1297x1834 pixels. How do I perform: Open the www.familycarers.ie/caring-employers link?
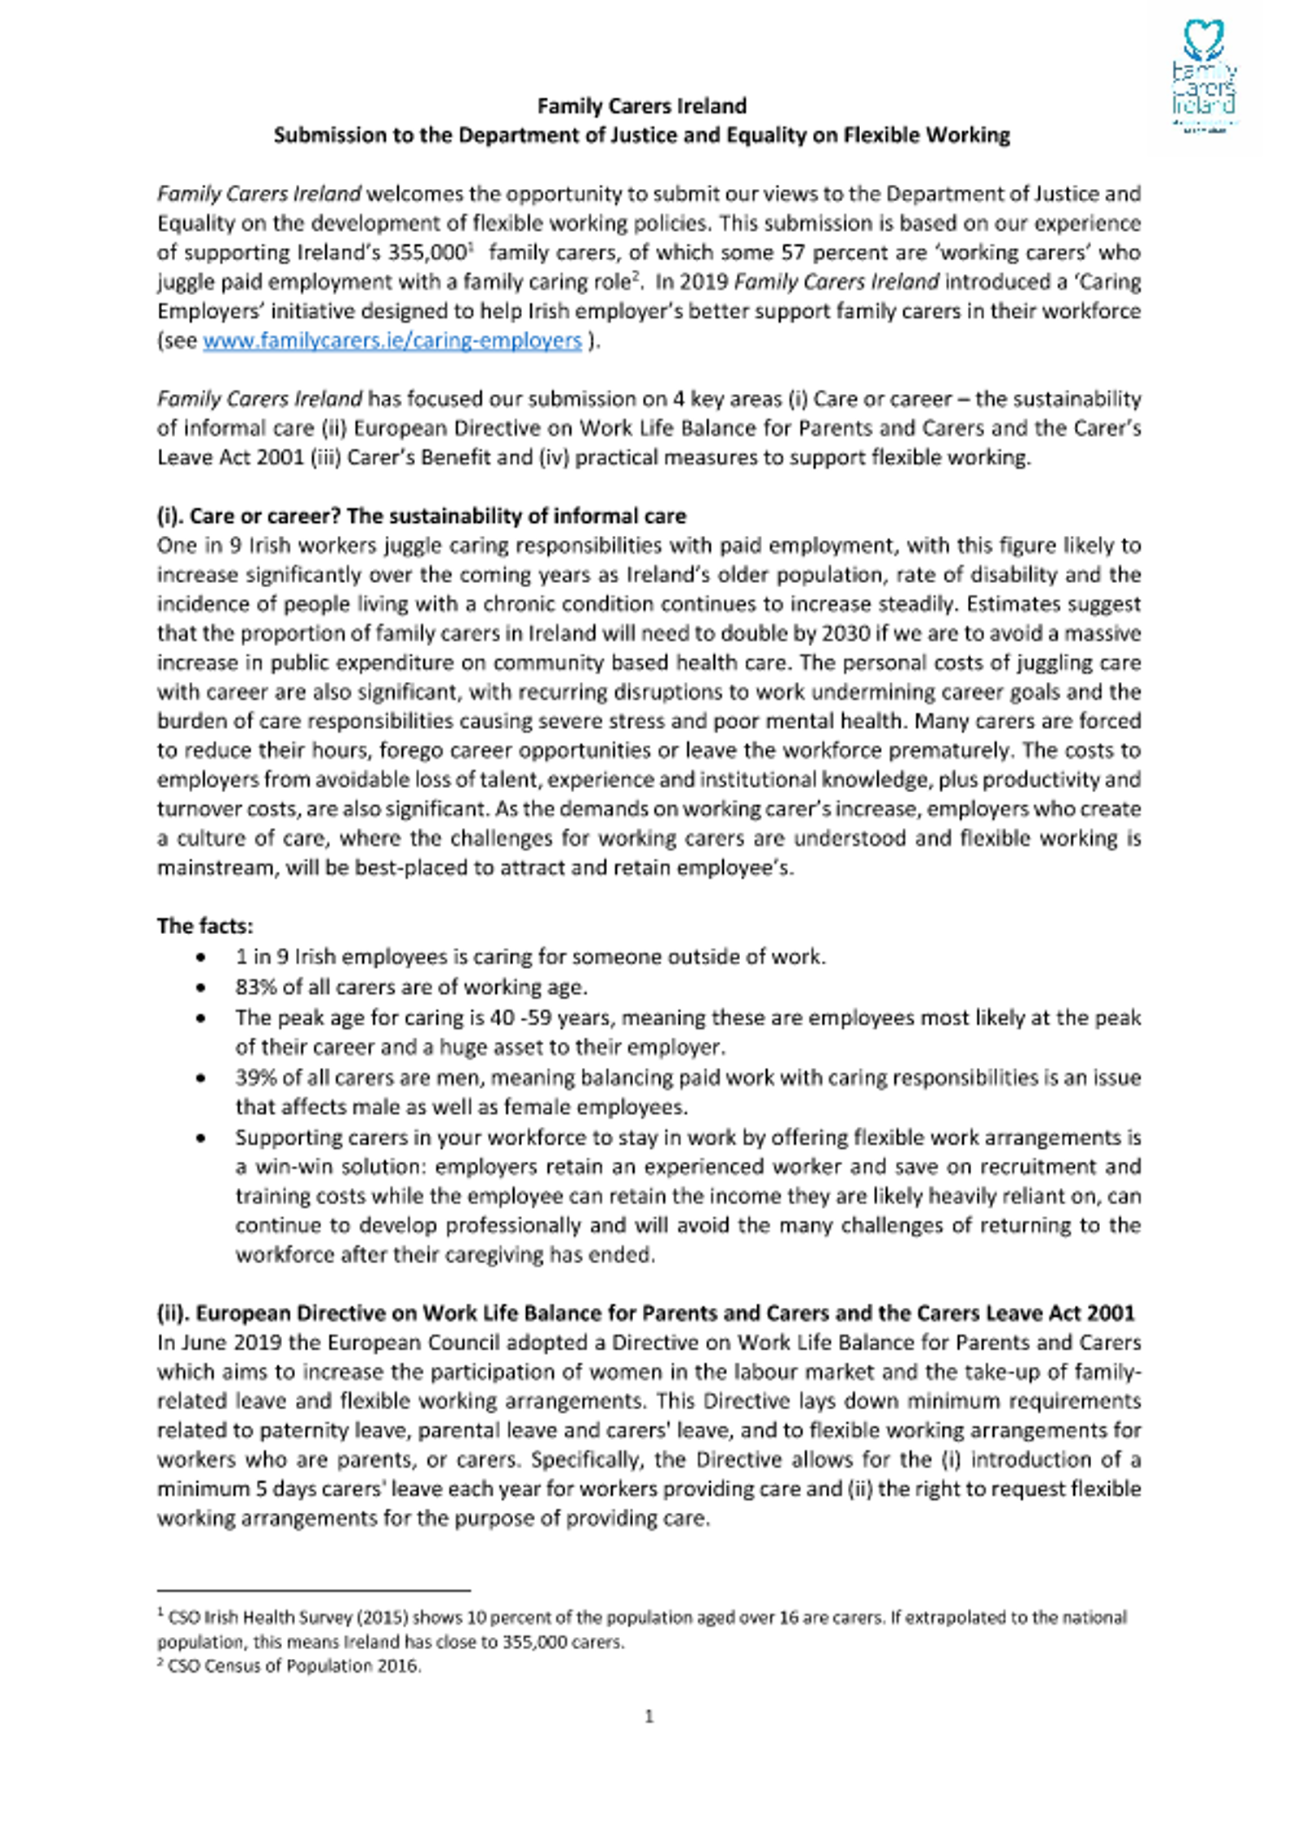click(392, 341)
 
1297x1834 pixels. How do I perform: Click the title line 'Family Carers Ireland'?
click(642, 106)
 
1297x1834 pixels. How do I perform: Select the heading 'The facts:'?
click(205, 926)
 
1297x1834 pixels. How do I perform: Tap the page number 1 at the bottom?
click(648, 1716)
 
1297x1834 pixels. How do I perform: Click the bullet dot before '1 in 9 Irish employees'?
click(201, 958)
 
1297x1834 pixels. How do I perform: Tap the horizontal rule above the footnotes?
click(314, 1591)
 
